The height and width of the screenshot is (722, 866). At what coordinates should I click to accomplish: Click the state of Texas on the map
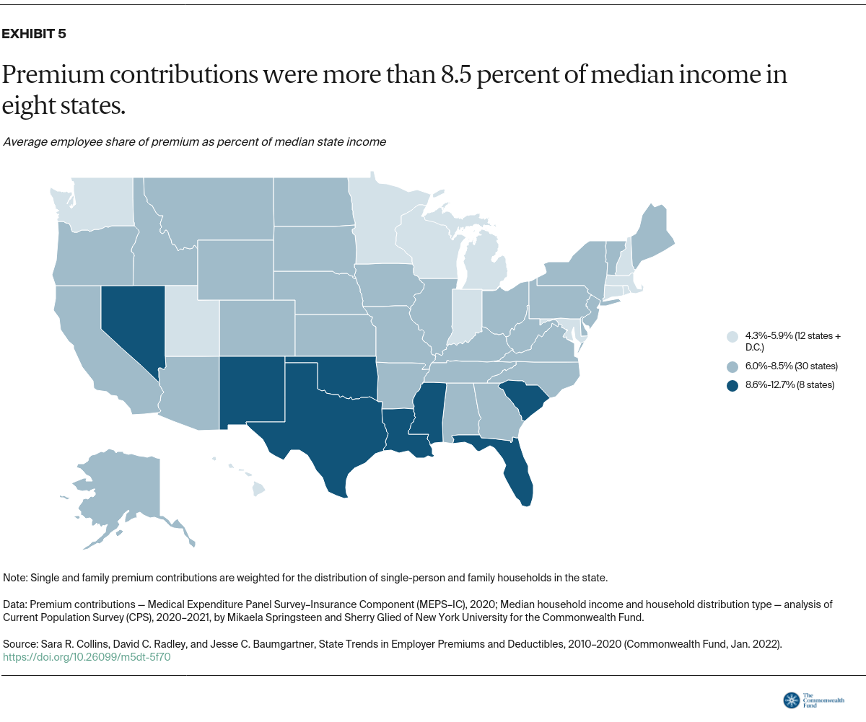[x=318, y=426]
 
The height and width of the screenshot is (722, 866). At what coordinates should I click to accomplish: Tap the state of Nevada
[x=134, y=325]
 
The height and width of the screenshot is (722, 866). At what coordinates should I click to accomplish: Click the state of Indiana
[x=466, y=317]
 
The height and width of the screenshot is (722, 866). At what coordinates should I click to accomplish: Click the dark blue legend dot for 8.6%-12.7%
[x=732, y=385]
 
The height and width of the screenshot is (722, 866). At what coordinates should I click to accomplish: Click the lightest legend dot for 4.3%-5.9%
[x=732, y=336]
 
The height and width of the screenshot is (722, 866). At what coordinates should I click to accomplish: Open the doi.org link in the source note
[x=87, y=657]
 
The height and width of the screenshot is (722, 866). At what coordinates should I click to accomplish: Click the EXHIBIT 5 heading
[x=35, y=34]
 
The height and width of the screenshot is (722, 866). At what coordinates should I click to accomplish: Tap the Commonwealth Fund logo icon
[x=791, y=700]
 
